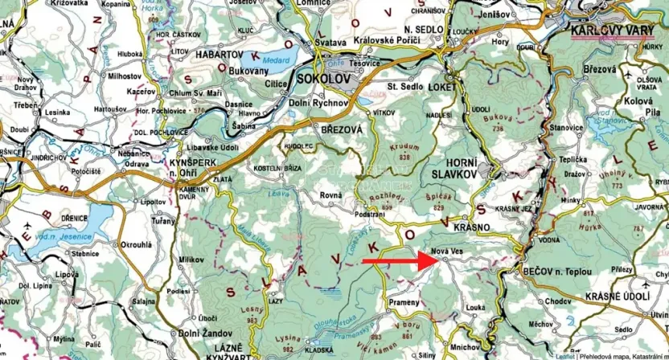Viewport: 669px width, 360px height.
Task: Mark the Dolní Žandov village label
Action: [199, 333]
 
